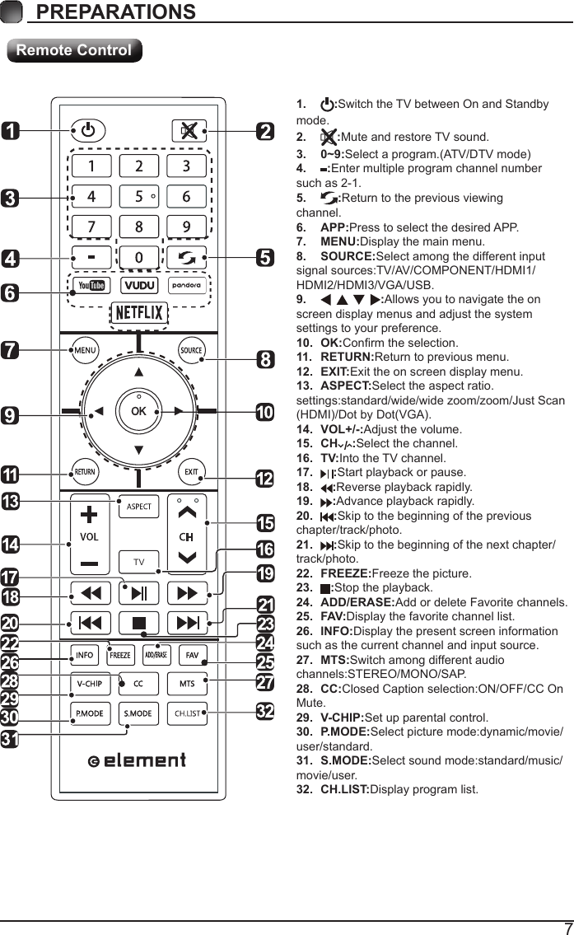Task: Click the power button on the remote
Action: coord(89,130)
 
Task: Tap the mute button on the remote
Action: coord(189,130)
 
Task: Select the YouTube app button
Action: coord(90,285)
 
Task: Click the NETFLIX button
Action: coord(139,314)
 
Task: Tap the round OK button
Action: coord(138,410)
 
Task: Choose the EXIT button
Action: coord(191,472)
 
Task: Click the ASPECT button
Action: coord(138,506)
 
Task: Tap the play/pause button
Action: coord(138,593)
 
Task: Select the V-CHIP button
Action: coord(90,684)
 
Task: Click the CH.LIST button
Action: coord(187,713)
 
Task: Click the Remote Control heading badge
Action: coord(74,50)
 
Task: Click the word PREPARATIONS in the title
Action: coord(116,12)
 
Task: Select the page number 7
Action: coord(567,927)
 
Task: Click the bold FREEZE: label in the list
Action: coord(346,573)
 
